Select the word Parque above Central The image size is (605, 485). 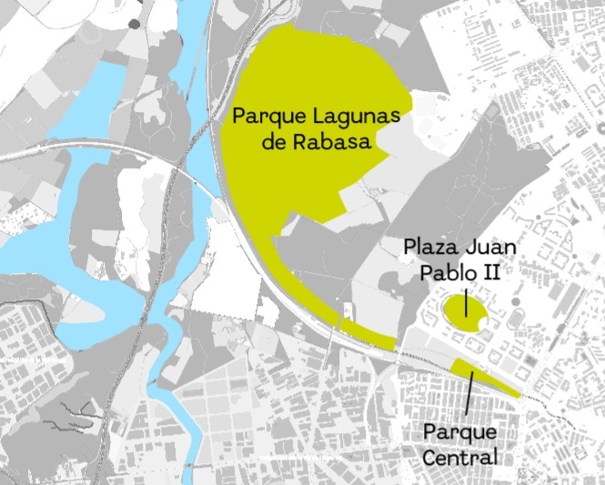pos(461,432)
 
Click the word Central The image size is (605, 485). pos(461,455)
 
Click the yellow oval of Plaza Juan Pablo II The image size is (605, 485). pos(459,310)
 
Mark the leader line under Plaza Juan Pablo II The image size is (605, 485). pos(466,301)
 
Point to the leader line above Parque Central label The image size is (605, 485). pos(469,394)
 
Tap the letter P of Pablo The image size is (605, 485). pos(424,271)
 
